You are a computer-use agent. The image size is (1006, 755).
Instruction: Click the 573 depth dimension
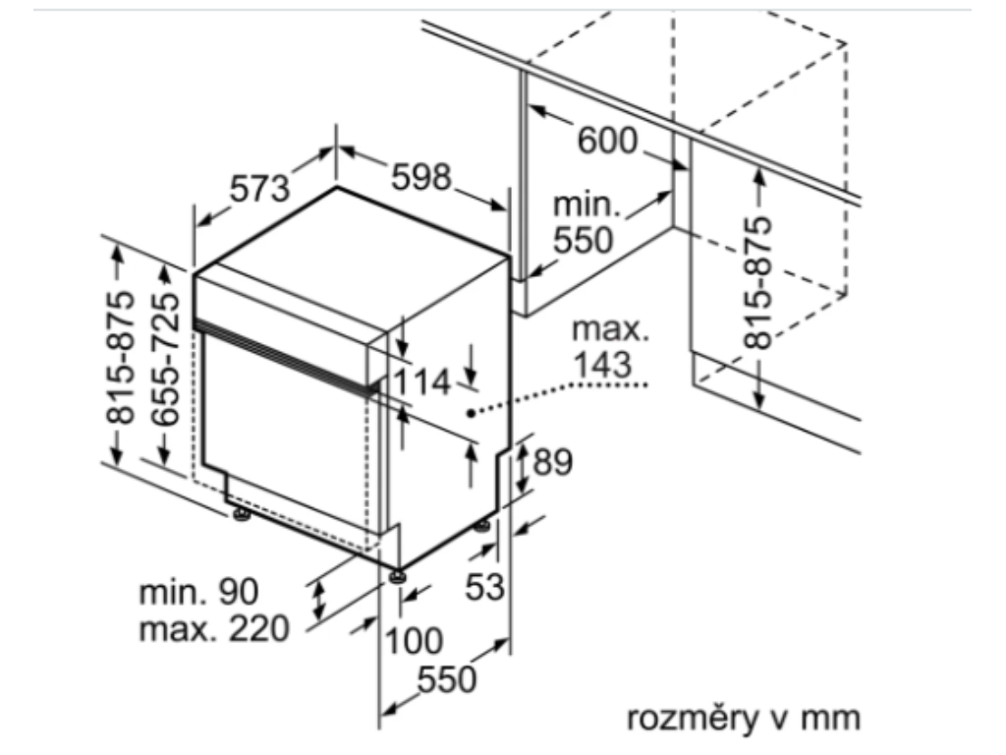pyautogui.click(x=260, y=188)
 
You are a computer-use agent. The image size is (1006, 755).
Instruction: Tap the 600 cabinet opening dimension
pyautogui.click(x=606, y=142)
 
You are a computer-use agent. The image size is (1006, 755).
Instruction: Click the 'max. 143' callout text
pyautogui.click(x=610, y=347)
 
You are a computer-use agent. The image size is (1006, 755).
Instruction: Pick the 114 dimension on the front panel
pyautogui.click(x=423, y=381)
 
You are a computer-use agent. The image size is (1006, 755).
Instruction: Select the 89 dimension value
pyautogui.click(x=551, y=461)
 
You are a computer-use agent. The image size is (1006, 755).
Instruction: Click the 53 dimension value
pyautogui.click(x=483, y=587)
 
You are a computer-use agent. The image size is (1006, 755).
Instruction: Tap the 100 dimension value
pyautogui.click(x=413, y=641)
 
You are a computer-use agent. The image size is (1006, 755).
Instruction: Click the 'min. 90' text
pyautogui.click(x=198, y=592)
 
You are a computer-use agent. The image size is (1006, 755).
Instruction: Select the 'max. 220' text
pyautogui.click(x=214, y=627)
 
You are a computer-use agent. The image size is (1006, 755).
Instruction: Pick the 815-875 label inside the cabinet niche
pyautogui.click(x=757, y=282)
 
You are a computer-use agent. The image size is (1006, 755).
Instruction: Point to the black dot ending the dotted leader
pyautogui.click(x=471, y=414)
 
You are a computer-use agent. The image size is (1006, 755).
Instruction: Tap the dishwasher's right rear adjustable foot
pyautogui.click(x=483, y=527)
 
